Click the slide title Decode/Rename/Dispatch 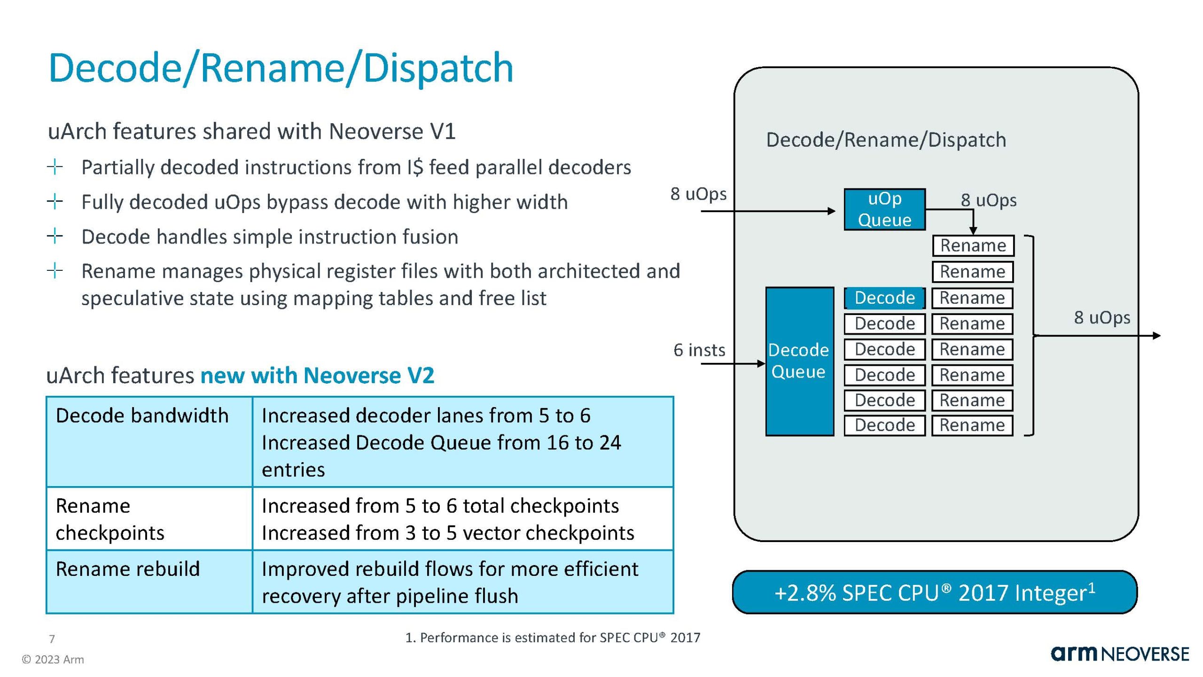tap(281, 68)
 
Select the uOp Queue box tap(884, 209)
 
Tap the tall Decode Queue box tap(799, 361)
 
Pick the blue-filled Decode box tap(884, 298)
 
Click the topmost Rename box tap(973, 245)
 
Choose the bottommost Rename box tap(972, 425)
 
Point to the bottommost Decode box tap(884, 425)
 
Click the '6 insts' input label tap(699, 350)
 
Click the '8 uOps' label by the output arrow tap(1102, 318)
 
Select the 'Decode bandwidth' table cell tap(148, 441)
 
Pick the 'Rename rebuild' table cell tap(148, 581)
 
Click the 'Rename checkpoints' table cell tap(148, 519)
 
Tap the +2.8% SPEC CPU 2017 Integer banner tap(934, 592)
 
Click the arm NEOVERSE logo tap(1120, 654)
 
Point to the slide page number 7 tap(52, 639)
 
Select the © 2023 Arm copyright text tap(53, 660)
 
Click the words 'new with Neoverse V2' tap(317, 376)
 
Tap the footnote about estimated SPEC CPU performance tap(553, 638)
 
